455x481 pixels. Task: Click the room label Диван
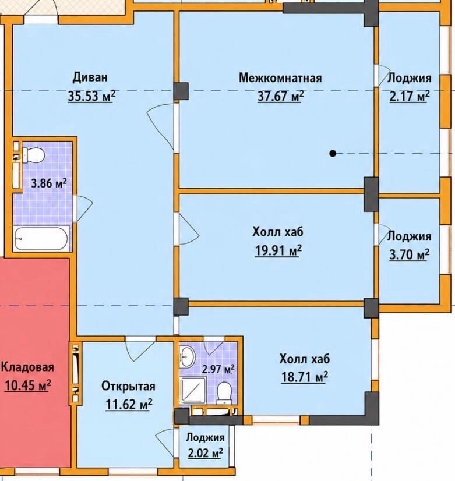click(90, 77)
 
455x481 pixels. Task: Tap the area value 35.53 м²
click(91, 96)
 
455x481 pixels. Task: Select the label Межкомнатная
click(280, 77)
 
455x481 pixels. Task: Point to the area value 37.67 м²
click(280, 96)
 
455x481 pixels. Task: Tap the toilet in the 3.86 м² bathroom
click(33, 155)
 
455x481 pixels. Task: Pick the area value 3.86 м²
click(49, 184)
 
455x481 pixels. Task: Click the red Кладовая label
click(27, 367)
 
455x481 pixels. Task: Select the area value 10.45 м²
click(27, 385)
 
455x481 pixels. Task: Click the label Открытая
click(128, 386)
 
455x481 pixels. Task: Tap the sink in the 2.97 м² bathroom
click(187, 357)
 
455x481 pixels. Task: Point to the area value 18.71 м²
click(305, 377)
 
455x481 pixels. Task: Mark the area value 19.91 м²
click(278, 250)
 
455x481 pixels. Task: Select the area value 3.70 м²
click(410, 254)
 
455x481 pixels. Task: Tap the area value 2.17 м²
click(410, 96)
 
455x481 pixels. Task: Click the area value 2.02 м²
click(205, 453)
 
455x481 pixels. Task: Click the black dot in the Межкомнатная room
click(333, 153)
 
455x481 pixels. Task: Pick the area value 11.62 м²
click(129, 404)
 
